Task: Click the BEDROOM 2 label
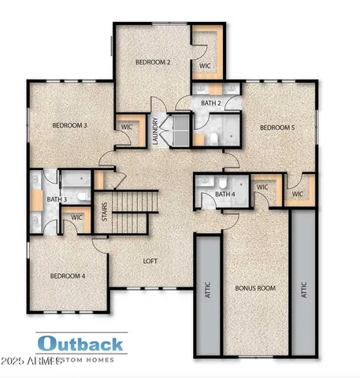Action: tap(154, 61)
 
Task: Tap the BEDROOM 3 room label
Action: tap(69, 125)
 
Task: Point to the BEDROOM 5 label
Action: tap(277, 127)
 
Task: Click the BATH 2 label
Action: tap(210, 103)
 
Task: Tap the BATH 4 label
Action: tap(225, 194)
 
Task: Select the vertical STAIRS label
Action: tap(106, 213)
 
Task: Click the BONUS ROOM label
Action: tap(256, 289)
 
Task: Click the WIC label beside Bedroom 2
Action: tap(204, 65)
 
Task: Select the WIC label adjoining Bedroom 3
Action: tap(126, 126)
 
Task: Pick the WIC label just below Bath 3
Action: tap(77, 217)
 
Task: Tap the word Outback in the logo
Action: tap(80, 343)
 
